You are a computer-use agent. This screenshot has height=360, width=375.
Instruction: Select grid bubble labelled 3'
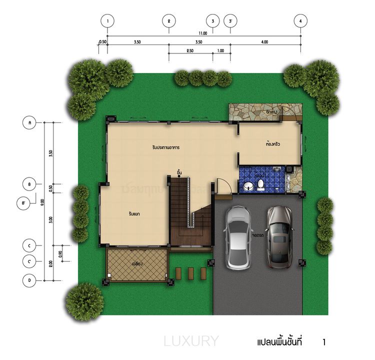point(230,21)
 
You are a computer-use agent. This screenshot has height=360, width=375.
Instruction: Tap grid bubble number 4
point(300,21)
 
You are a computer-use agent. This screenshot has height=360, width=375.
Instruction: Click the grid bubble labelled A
point(30,122)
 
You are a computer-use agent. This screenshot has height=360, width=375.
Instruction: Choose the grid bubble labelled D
point(30,280)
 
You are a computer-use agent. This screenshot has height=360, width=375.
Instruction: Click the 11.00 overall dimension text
point(203,33)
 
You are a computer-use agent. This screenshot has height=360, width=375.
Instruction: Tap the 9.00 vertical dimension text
point(43,202)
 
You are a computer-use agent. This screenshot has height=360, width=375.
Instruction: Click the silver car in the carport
point(238,237)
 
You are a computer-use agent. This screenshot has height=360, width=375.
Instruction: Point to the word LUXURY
point(191,341)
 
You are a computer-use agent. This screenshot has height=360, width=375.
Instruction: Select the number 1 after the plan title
point(324,342)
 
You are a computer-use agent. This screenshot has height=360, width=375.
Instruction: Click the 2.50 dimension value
point(190,51)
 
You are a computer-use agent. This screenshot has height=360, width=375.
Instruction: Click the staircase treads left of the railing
point(178,210)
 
